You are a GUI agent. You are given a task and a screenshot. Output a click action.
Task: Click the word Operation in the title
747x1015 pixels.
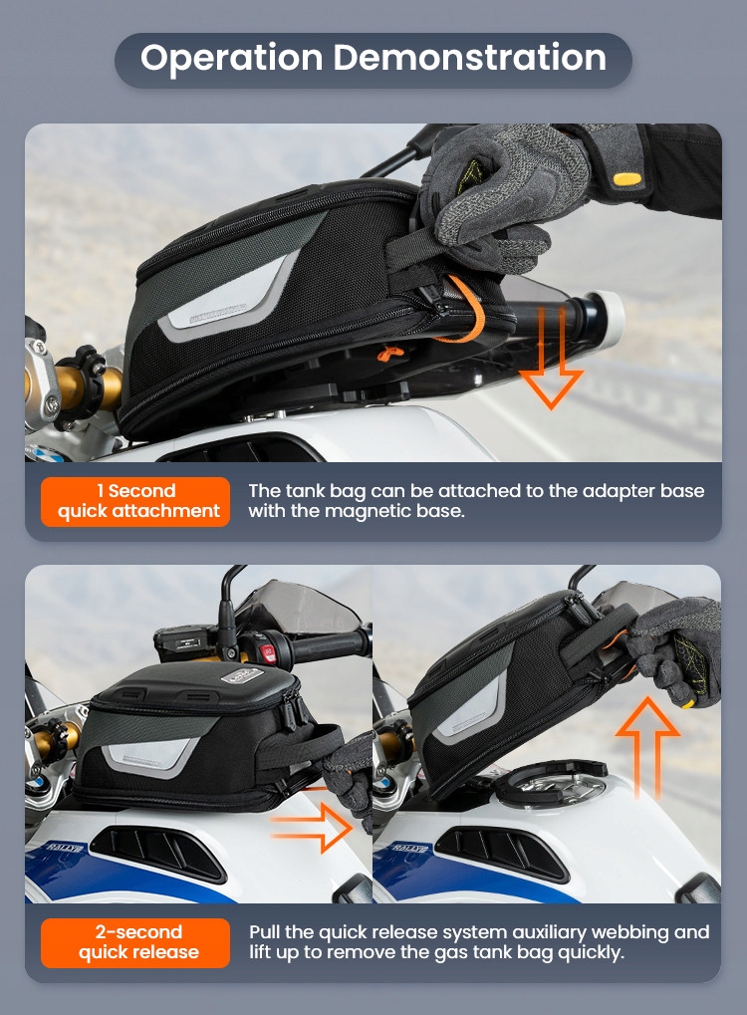point(231,58)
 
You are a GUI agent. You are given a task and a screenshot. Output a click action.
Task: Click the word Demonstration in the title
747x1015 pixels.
point(469,57)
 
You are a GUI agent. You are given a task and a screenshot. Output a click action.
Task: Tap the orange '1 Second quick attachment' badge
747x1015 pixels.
point(135,501)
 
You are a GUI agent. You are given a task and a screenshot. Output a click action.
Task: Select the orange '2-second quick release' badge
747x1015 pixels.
point(135,942)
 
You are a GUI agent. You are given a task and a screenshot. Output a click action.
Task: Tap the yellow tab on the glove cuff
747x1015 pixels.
point(626,179)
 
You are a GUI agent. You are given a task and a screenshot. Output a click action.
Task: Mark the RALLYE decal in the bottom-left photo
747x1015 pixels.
point(65,848)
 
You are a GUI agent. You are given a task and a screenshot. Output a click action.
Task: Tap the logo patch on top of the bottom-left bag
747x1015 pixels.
point(241,676)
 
